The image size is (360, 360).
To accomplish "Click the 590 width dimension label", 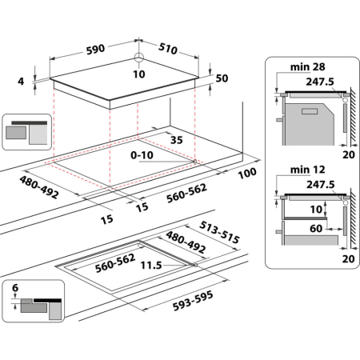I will pos(95,49).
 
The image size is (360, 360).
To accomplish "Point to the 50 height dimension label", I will pos(222,78).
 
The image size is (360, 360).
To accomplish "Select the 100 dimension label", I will pos(246,174).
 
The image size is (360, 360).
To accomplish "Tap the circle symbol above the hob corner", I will pos(138,57).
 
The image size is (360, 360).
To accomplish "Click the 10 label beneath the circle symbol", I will pos(138,74).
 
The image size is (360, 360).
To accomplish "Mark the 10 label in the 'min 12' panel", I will pos(317,210).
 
